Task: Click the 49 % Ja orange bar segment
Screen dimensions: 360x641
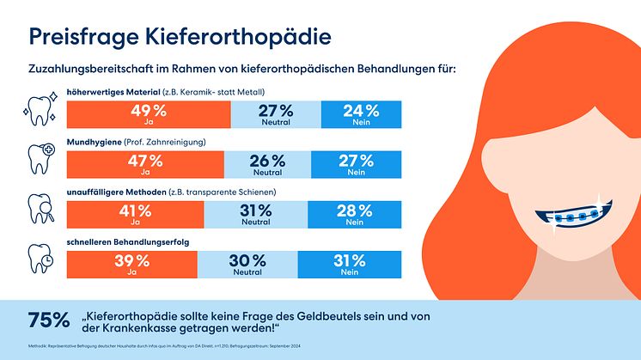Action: pos(148,114)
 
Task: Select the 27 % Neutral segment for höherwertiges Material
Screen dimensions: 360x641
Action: pos(276,114)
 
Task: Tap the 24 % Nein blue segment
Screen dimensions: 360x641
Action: pos(361,114)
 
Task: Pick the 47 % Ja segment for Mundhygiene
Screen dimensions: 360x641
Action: pos(144,164)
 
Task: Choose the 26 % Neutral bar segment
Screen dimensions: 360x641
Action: pos(267,164)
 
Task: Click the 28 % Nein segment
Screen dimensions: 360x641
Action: pos(354,213)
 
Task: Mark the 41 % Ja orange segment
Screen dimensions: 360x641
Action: pos(137,213)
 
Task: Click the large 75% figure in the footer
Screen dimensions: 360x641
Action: pos(48,320)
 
